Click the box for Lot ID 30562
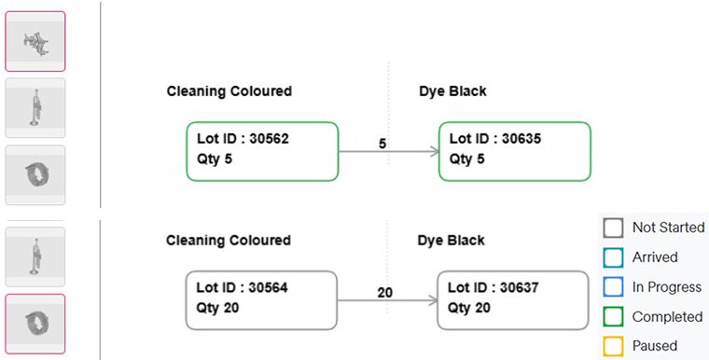[262, 150]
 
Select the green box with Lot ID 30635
[514, 150]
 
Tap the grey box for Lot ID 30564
[261, 299]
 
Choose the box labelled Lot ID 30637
[513, 299]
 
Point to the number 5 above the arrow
[382, 144]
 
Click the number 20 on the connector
[384, 293]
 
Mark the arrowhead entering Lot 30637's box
[432, 300]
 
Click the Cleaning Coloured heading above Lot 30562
[229, 91]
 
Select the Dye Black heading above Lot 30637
[452, 241]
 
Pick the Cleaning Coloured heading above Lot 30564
[229, 241]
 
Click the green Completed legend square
[613, 317]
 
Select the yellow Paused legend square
[613, 346]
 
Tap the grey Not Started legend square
[613, 228]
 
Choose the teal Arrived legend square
[613, 257]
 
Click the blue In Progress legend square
[613, 287]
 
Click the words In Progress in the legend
[667, 287]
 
